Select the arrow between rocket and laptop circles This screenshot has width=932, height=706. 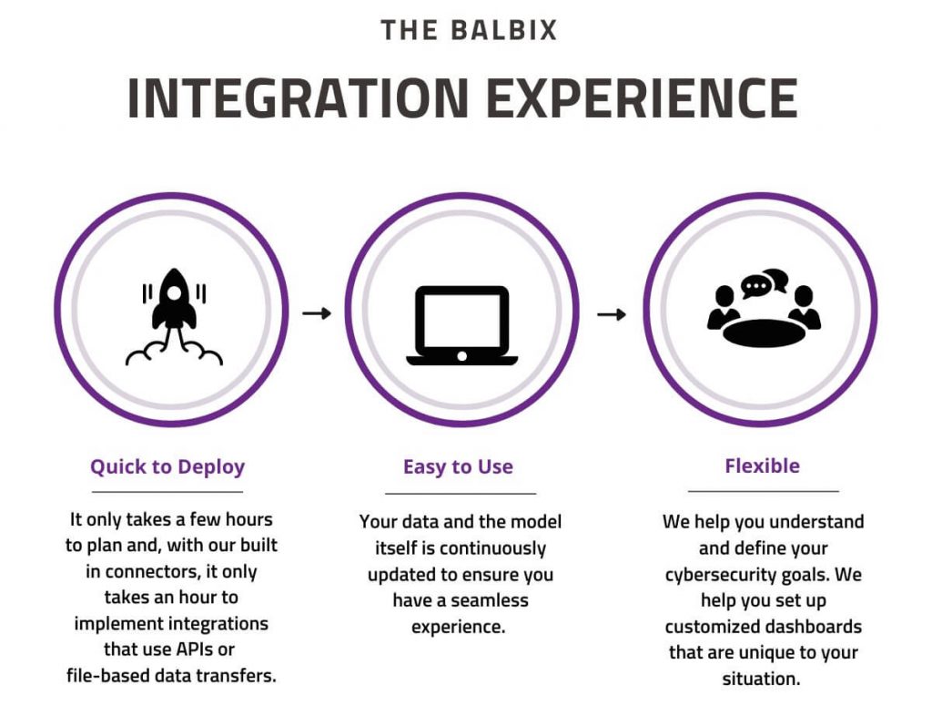click(x=317, y=313)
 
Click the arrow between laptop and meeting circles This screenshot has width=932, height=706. click(x=612, y=314)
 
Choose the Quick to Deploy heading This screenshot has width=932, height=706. click(x=167, y=467)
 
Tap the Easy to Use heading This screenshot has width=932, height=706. click(x=458, y=467)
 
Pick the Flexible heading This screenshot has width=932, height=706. click(x=762, y=466)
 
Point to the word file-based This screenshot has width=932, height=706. click(x=109, y=675)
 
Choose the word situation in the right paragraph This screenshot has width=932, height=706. click(x=761, y=679)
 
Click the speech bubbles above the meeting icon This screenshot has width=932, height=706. click(x=764, y=283)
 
